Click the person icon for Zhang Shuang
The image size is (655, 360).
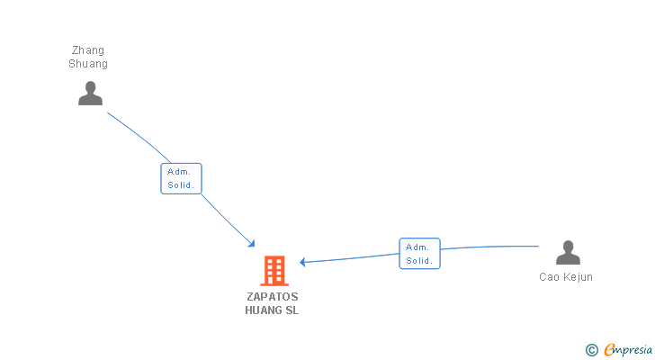[90, 94]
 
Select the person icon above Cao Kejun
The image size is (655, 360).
[568, 253]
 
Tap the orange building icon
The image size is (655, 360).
[274, 270]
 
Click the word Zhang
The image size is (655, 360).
[88, 50]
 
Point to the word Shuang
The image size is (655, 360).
[88, 64]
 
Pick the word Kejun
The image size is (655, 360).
[579, 277]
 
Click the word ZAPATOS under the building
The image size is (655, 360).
[272, 296]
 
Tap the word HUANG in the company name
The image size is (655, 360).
[263, 310]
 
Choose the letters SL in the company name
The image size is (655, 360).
[292, 310]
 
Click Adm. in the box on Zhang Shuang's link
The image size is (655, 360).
[181, 171]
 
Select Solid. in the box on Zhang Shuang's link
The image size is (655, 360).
[181, 185]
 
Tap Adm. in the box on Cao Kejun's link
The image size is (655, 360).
[419, 247]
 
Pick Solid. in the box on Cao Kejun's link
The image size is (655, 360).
[419, 261]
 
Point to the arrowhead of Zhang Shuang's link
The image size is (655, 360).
[253, 244]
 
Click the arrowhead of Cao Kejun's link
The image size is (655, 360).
[303, 262]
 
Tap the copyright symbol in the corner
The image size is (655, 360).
[591, 350]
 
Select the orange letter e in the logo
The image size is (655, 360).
[609, 350]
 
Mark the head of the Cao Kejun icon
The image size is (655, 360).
[568, 246]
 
